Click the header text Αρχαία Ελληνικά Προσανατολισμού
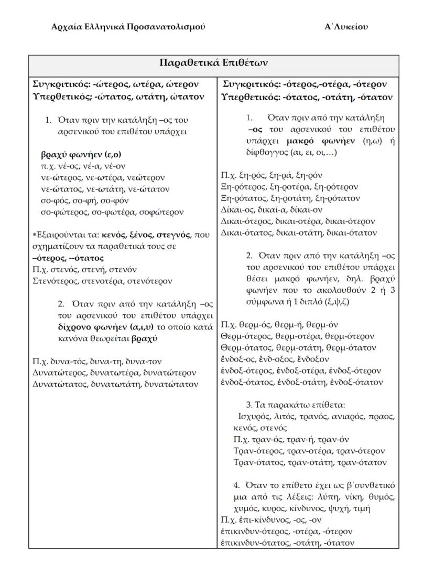[x=128, y=27]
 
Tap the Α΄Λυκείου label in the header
[x=346, y=27]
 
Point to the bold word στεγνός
[x=173, y=235]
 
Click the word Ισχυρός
[x=254, y=417]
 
